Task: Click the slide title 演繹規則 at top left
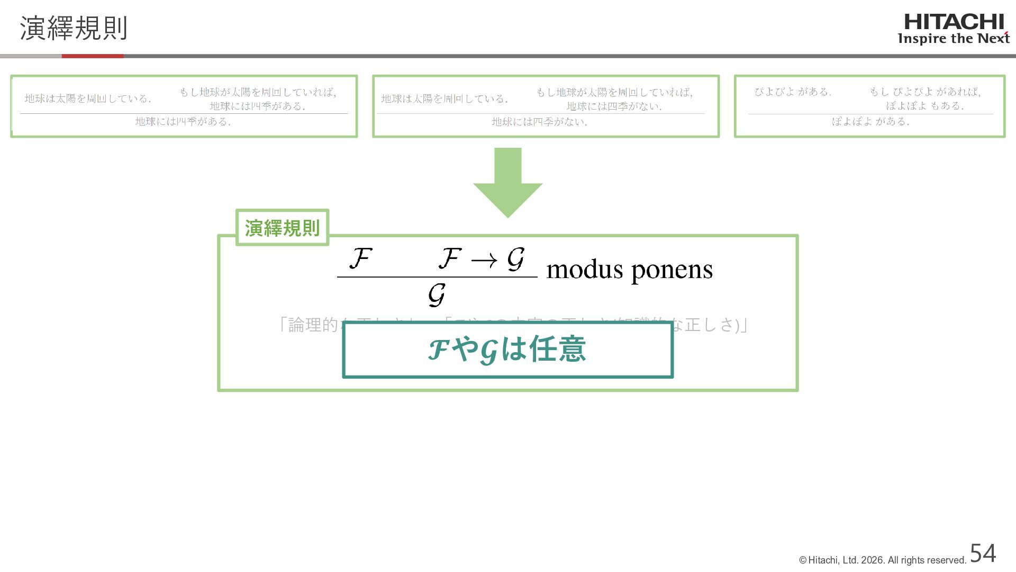click(74, 28)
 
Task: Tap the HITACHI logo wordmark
click(954, 22)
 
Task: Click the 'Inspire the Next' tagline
click(953, 39)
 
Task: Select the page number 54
click(983, 553)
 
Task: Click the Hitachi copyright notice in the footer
click(883, 560)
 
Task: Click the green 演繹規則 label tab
click(282, 228)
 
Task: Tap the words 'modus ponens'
click(629, 270)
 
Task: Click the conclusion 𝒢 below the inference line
click(437, 294)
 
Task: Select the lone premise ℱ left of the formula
click(360, 258)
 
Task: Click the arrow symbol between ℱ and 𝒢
click(484, 260)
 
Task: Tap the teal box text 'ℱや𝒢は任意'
click(507, 350)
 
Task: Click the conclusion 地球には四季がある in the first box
click(183, 121)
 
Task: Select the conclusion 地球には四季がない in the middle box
click(540, 122)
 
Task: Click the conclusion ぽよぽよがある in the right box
click(870, 121)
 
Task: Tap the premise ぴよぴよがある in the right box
click(793, 92)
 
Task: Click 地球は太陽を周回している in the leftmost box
click(88, 99)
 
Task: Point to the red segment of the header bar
click(93, 56)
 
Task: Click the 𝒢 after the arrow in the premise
click(515, 259)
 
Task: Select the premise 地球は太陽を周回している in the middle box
click(444, 99)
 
